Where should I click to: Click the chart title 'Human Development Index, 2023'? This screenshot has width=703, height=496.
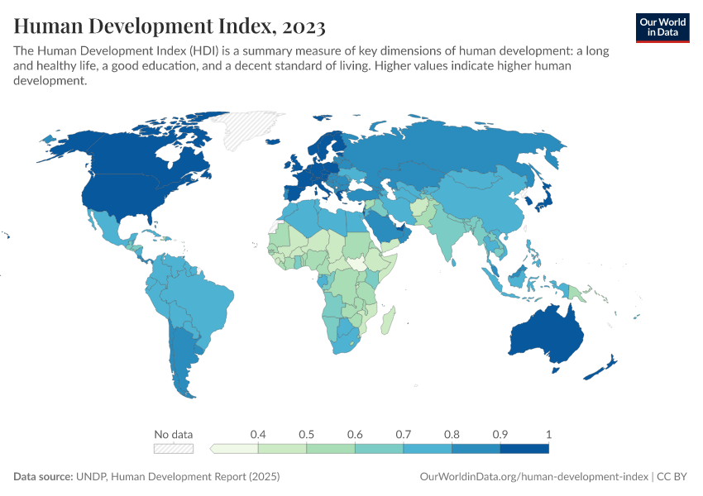point(170,27)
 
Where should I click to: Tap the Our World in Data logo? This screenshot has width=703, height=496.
point(662,26)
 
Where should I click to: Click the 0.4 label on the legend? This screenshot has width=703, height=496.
point(258,434)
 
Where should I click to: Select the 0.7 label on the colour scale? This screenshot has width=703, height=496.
point(404,434)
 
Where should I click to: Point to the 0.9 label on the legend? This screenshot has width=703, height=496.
point(500,434)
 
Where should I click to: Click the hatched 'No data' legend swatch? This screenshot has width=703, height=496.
point(174,449)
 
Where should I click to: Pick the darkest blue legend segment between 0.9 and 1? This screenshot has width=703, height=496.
point(524,449)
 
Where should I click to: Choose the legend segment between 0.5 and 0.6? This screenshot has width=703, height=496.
point(331,449)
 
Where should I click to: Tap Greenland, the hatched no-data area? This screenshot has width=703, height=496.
point(248,128)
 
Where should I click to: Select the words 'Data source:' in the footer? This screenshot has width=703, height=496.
point(44,477)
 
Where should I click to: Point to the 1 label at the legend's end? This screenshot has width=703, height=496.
point(548,434)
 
